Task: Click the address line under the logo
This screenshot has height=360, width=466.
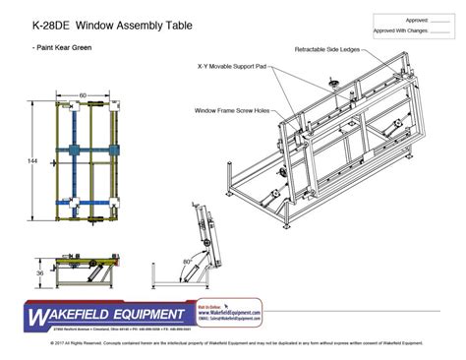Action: point(108,328)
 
